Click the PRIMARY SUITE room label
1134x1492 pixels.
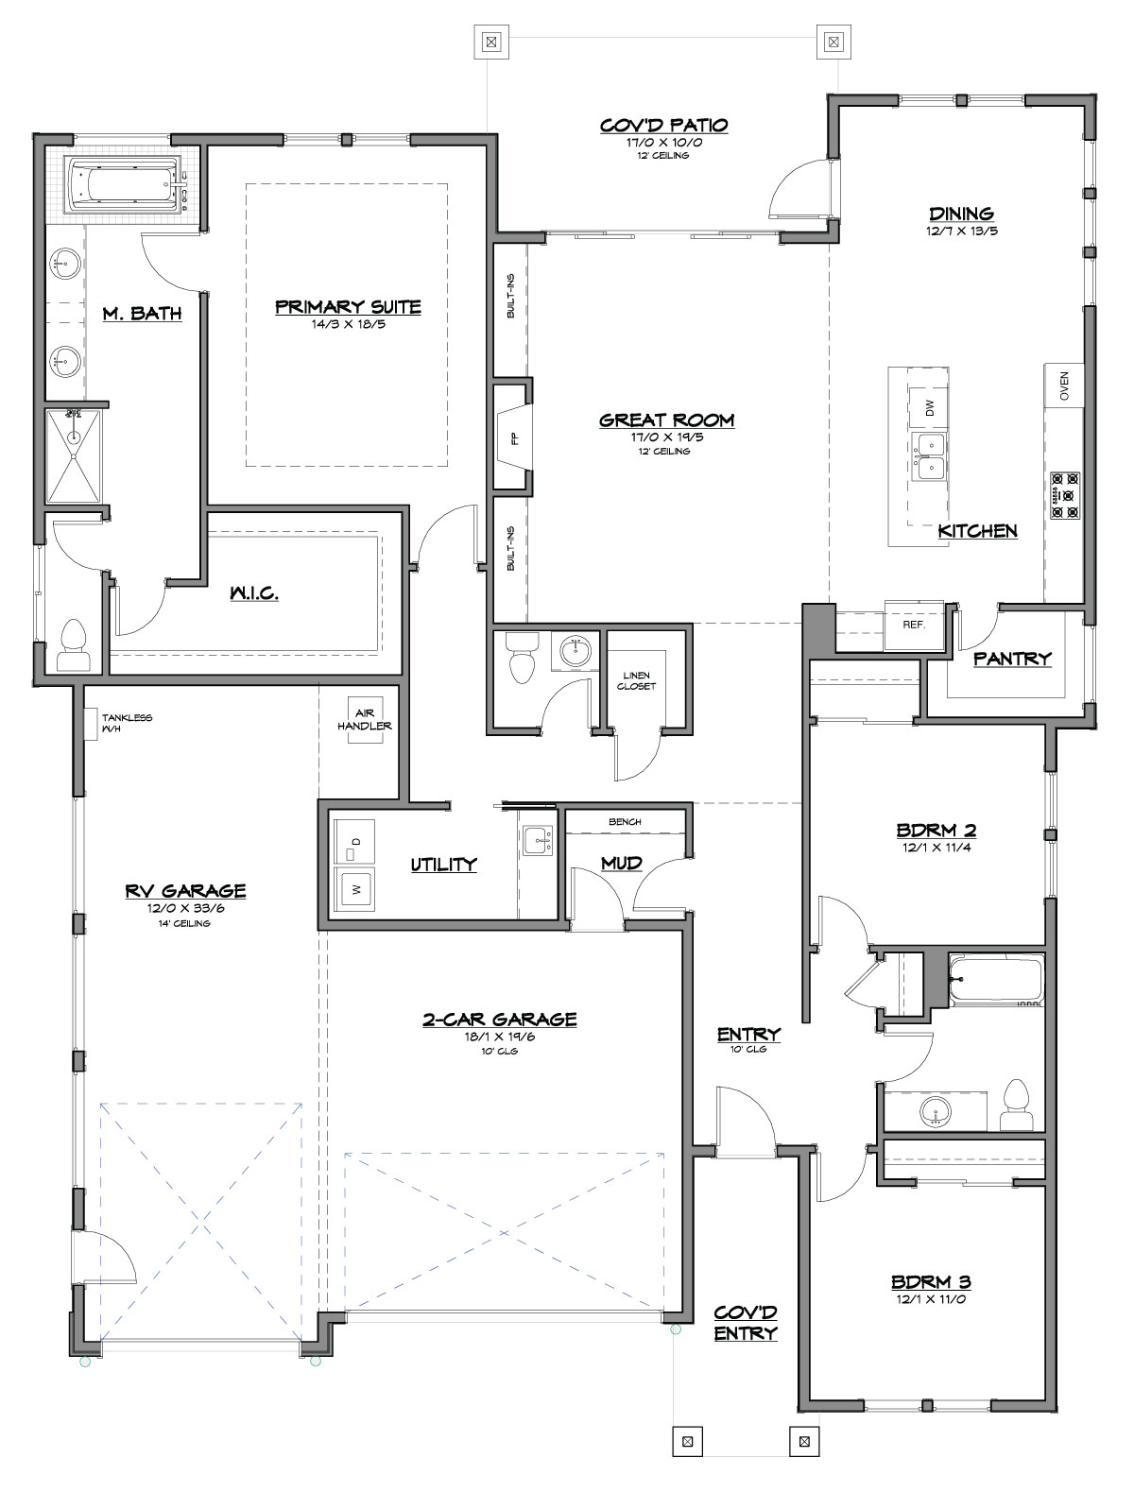[348, 307]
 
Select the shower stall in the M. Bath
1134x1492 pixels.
[73, 456]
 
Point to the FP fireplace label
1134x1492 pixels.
[515, 439]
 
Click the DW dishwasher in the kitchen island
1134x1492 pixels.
[929, 408]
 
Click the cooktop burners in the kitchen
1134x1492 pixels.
[1065, 495]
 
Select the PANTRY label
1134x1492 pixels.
[1012, 659]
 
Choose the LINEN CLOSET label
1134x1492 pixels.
[636, 681]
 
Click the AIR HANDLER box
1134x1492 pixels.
[365, 720]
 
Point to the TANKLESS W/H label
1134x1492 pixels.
[127, 723]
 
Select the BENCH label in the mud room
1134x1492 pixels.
[625, 822]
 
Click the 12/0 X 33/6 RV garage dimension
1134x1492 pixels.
[185, 908]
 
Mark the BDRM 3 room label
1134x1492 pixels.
[931, 1282]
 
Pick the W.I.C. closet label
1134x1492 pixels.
[254, 593]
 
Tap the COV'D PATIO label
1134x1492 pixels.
[663, 125]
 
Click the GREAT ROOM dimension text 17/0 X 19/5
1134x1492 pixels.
[667, 437]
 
